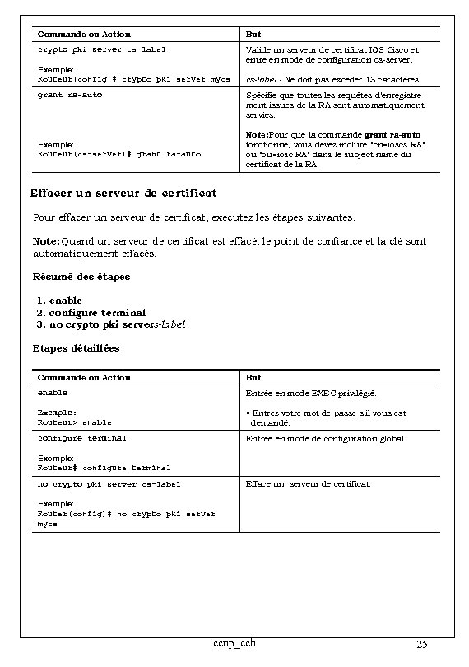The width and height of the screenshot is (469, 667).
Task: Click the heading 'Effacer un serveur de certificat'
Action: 123,194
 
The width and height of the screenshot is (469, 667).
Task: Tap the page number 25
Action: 421,644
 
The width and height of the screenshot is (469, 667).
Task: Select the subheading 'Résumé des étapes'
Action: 81,277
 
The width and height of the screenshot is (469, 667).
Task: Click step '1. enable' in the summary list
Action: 60,301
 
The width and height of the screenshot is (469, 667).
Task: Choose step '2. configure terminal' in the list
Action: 91,313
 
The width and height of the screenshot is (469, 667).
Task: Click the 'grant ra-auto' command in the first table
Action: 70,95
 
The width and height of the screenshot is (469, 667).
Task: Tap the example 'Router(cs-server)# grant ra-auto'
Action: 119,154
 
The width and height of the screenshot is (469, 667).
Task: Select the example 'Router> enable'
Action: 75,422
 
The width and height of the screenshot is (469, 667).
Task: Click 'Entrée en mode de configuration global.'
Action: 326,439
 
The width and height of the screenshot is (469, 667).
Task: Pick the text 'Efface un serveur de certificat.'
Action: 309,484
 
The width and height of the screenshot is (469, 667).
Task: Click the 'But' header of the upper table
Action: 253,35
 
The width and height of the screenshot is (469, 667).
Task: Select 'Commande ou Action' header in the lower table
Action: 85,377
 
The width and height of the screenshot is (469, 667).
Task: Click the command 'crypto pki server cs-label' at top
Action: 102,49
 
